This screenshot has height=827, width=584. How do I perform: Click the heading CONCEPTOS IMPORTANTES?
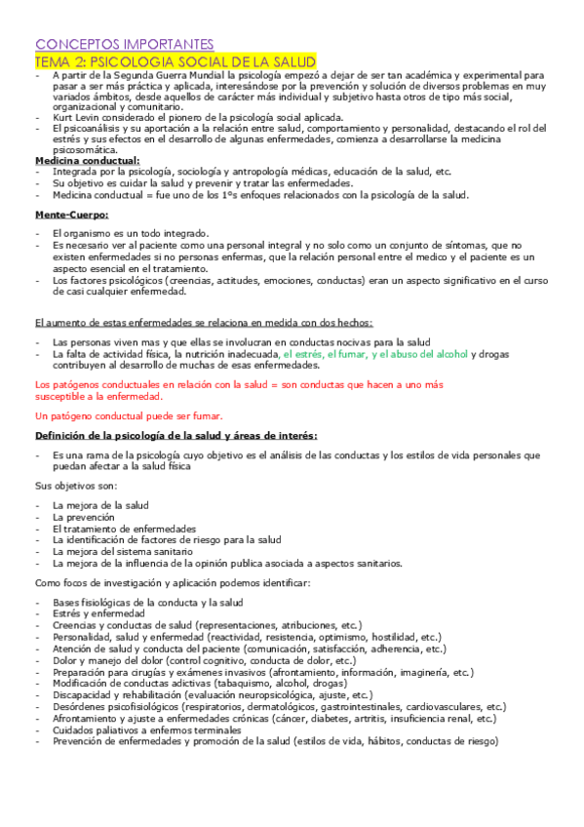click(x=124, y=44)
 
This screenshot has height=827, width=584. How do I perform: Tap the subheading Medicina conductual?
click(x=88, y=160)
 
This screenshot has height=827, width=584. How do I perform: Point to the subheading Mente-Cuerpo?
click(x=72, y=214)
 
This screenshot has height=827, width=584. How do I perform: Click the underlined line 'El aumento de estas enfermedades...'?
click(x=203, y=322)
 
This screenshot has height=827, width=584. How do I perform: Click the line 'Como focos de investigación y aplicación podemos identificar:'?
click(x=172, y=582)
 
